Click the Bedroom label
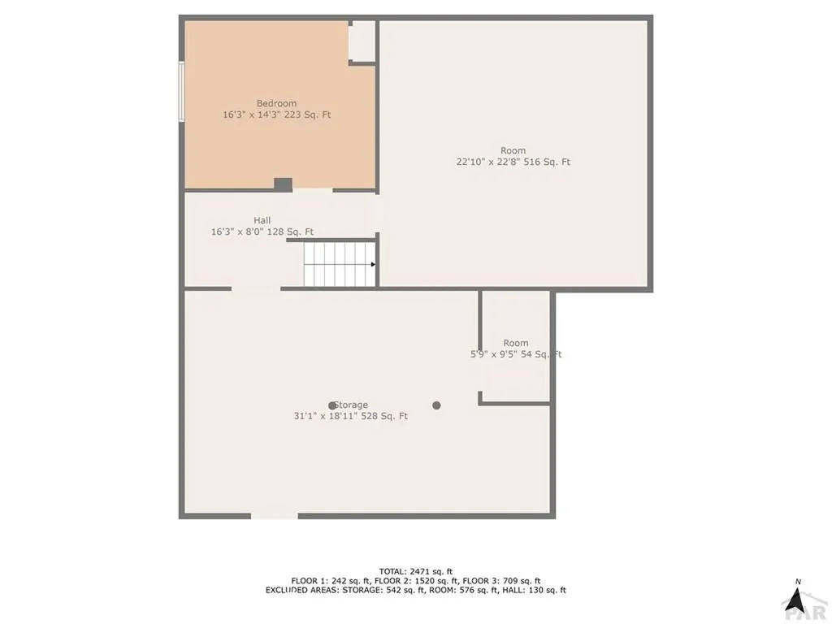pyautogui.click(x=276, y=103)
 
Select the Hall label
pyautogui.click(x=262, y=220)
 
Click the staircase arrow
pyautogui.click(x=371, y=264)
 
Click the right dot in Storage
pyautogui.click(x=436, y=405)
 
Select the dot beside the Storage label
pyautogui.click(x=331, y=405)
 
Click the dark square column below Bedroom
pyautogui.click(x=283, y=185)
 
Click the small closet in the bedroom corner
pyautogui.click(x=362, y=41)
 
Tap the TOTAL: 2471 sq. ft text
pyautogui.click(x=415, y=571)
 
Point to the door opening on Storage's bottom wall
pyautogui.click(x=274, y=515)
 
